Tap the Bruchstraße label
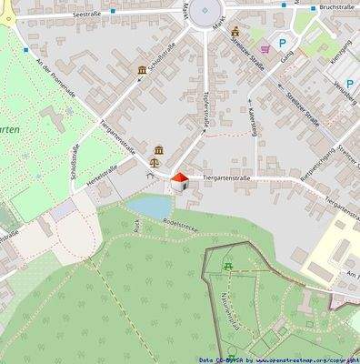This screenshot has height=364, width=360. [x=336, y=7]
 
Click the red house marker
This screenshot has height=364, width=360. [x=179, y=180]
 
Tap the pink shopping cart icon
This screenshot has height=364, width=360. [x=264, y=46]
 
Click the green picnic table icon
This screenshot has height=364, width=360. [x=229, y=266]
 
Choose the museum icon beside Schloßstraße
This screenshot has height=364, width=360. [x=143, y=70]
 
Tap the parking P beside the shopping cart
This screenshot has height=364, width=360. [x=283, y=44]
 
